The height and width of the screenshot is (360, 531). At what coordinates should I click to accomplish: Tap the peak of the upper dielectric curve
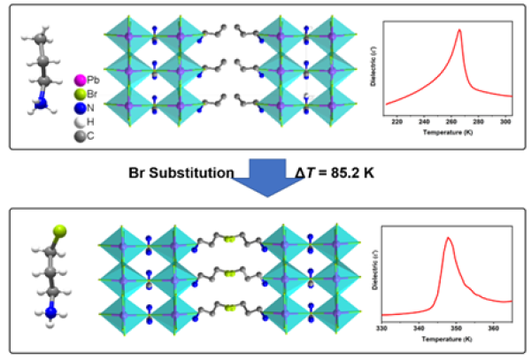[459, 30]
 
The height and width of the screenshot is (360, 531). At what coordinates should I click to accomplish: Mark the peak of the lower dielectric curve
[449, 237]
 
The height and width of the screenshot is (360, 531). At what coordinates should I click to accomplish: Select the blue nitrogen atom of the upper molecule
[42, 103]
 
